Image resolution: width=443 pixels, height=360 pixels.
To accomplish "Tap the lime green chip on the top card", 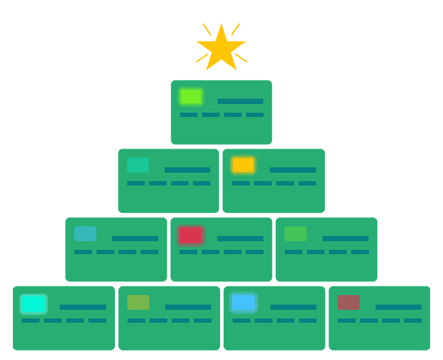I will (191, 96).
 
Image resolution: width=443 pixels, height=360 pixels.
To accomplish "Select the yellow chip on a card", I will (243, 165).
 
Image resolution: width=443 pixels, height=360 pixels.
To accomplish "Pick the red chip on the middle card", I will (190, 234).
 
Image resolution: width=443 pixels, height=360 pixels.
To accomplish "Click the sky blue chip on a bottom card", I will (244, 303).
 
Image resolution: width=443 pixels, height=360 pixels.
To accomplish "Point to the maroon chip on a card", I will (349, 302).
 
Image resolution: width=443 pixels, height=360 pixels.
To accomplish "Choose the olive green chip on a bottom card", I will (139, 302).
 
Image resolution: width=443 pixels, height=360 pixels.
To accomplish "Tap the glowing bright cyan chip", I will (33, 304).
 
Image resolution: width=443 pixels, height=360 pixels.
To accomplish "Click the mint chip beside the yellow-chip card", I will (138, 165).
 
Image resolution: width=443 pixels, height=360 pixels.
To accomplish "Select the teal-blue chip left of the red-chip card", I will (85, 234).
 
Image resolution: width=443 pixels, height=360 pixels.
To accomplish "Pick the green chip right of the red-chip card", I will (296, 234).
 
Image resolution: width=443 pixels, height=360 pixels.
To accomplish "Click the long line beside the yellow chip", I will (293, 170).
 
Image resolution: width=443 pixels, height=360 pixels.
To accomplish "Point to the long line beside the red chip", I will (240, 239).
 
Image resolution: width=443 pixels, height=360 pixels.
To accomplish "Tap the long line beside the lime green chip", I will (240, 101).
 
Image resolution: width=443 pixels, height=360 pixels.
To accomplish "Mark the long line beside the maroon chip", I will (398, 307).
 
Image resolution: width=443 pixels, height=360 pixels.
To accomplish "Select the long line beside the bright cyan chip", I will (83, 307).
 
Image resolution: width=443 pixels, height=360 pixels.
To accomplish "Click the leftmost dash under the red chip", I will (188, 251).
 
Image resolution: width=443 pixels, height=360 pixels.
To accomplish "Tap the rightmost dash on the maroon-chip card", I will (412, 320).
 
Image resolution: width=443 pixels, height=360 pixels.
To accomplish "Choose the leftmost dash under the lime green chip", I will (189, 114).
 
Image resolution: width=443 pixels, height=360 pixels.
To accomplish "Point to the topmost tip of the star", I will (221, 24).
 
